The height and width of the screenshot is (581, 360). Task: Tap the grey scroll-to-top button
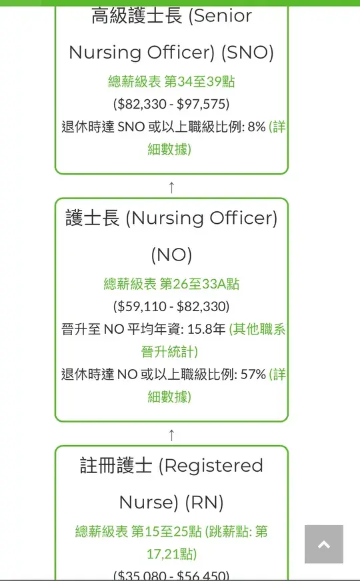click(323, 544)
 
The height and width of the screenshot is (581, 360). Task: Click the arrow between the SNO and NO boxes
click(171, 187)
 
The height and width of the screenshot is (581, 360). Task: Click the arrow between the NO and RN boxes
click(171, 435)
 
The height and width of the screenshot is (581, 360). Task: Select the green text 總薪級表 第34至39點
click(171, 81)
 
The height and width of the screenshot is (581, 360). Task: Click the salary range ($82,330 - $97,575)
click(171, 104)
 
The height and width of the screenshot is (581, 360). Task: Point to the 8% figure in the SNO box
click(257, 127)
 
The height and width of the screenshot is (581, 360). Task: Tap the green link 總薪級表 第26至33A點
click(171, 285)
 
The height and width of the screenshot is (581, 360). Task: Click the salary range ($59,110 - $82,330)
click(171, 306)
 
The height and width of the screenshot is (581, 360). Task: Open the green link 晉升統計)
click(169, 351)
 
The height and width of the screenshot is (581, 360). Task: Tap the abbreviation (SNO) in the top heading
click(247, 53)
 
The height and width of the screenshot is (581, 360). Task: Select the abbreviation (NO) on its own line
click(171, 255)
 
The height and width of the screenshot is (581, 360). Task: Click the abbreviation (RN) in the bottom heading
click(204, 503)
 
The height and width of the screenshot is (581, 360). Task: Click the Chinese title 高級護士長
click(137, 15)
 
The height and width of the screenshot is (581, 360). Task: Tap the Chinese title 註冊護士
click(116, 465)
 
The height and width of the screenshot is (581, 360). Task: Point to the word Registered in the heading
click(211, 466)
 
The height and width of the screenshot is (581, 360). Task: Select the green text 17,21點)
click(171, 554)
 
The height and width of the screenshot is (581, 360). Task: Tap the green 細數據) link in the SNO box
click(169, 149)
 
